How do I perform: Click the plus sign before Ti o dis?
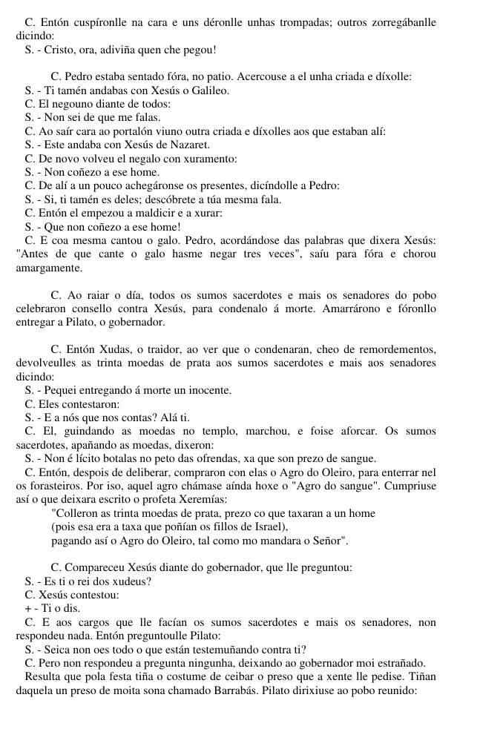pos(27,609)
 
